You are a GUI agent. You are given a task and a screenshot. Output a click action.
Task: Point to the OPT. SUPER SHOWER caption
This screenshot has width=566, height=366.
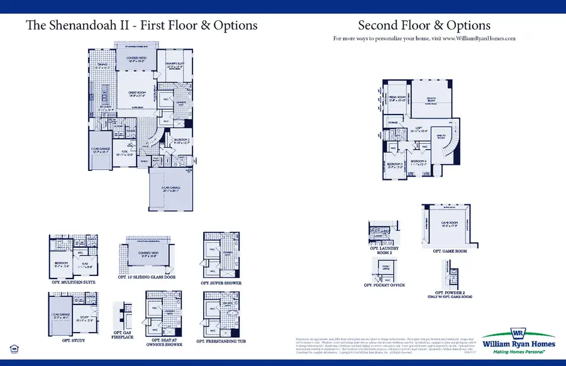(x=221, y=283)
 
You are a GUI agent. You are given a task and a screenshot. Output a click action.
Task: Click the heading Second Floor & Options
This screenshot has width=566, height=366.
(x=424, y=26)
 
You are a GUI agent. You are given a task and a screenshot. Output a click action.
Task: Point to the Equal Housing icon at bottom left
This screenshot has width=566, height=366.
(x=14, y=348)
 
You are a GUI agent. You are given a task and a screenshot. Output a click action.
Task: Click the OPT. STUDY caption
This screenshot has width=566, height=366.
(x=74, y=340)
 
